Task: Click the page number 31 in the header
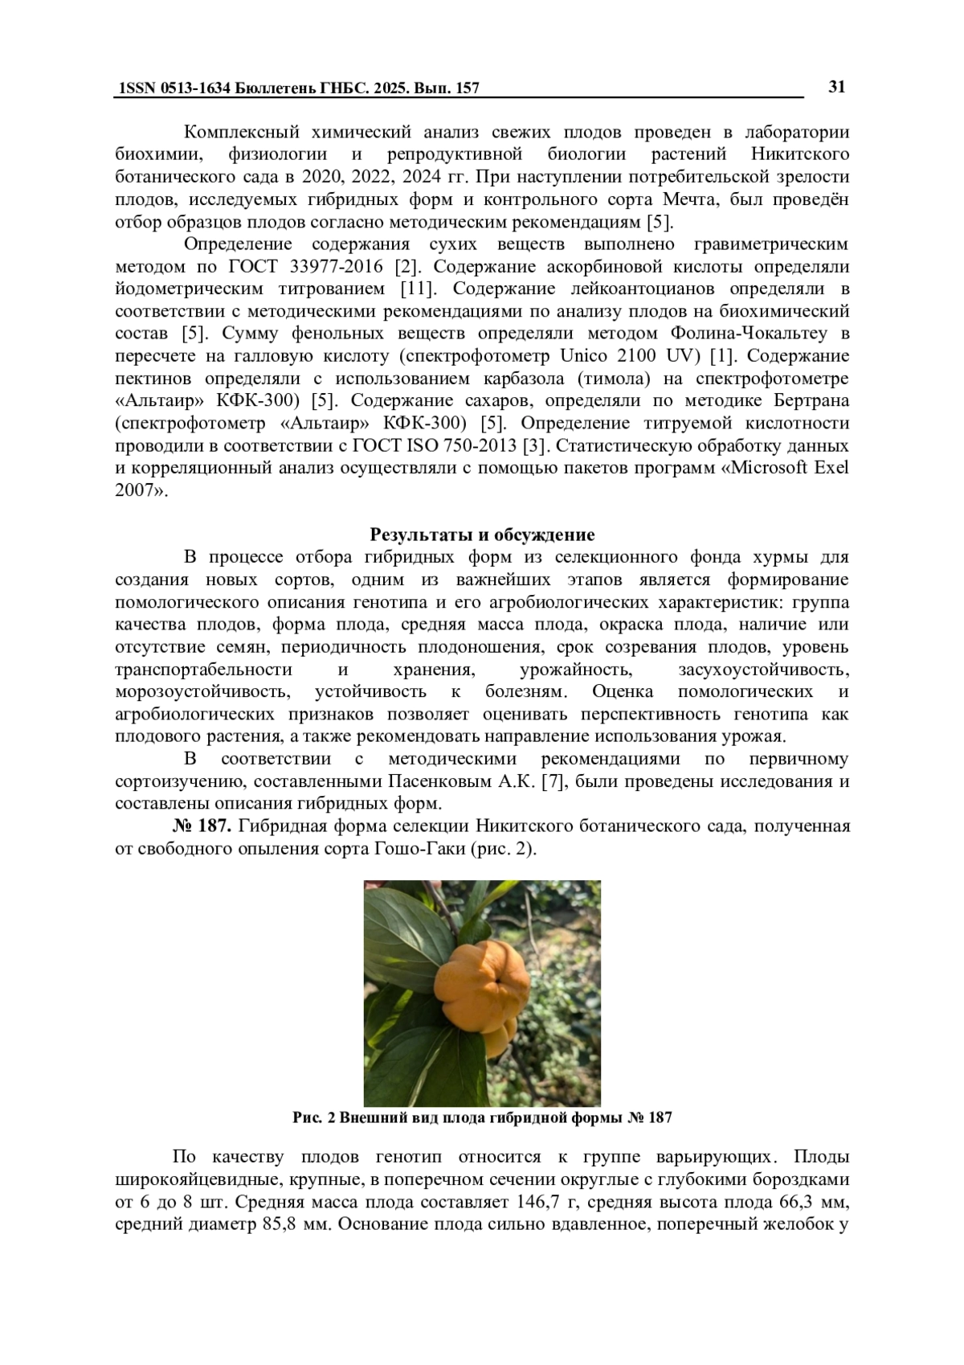pos(835,87)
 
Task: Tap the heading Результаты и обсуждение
pos(482,535)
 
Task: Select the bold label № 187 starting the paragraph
pos(202,826)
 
